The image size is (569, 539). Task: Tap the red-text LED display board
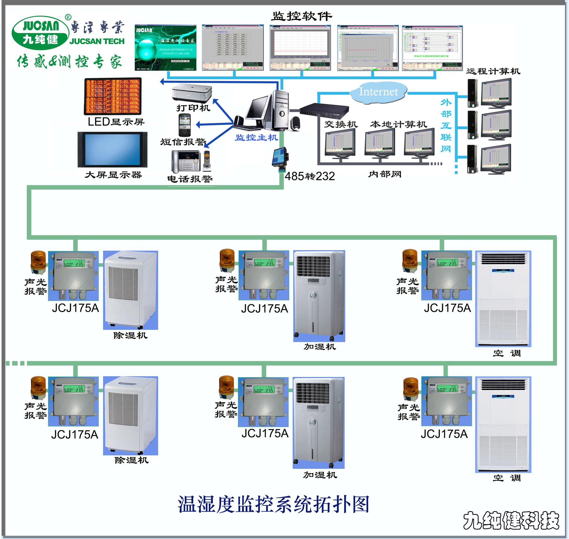point(113,96)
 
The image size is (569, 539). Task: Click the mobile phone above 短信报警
point(185,125)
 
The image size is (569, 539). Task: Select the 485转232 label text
point(309,176)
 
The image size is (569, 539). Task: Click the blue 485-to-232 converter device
point(280,158)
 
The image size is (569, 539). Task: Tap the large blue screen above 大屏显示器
point(113,150)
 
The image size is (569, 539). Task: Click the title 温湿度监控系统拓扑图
point(273,504)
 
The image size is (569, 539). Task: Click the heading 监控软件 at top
point(301,16)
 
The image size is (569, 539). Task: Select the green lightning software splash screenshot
point(165,47)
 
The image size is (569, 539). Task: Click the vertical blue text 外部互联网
point(446,125)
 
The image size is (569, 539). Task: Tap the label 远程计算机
point(493,71)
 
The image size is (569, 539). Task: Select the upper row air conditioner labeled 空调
point(503,299)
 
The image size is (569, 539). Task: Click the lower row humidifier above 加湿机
point(318,422)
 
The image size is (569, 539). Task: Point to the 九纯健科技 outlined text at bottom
point(511,520)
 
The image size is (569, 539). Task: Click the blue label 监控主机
point(257,137)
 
